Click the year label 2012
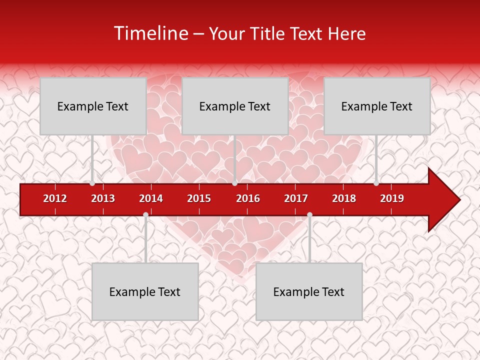click(x=55, y=198)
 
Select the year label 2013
click(x=103, y=198)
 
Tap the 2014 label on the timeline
click(x=151, y=198)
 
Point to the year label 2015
click(x=199, y=198)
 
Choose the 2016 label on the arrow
click(x=248, y=198)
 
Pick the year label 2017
click(x=296, y=198)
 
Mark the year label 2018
click(x=344, y=198)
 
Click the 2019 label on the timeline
click(x=392, y=198)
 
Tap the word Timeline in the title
click(x=150, y=33)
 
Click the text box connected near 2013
click(x=93, y=106)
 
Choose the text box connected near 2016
click(x=235, y=106)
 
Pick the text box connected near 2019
click(x=377, y=106)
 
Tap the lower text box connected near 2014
click(x=145, y=291)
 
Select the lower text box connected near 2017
click(x=309, y=291)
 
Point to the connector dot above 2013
click(x=92, y=183)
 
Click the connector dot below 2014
click(x=145, y=214)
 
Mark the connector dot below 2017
click(x=309, y=214)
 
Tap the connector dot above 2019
click(x=376, y=183)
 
